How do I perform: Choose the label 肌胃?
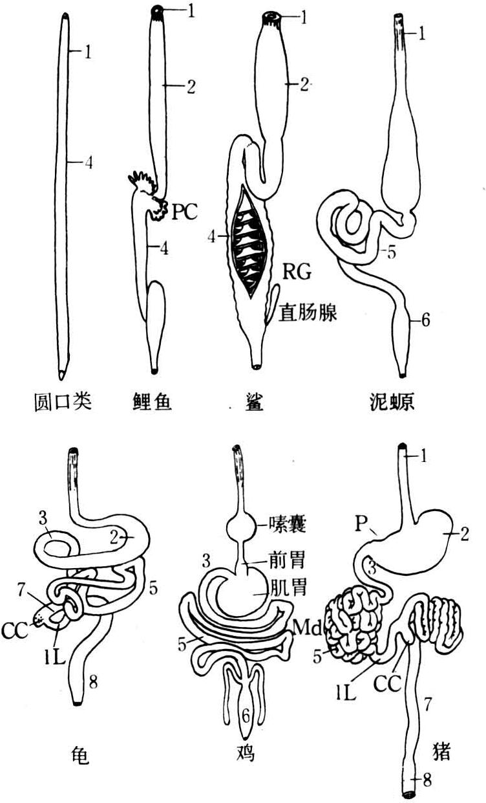coord(279,588)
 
